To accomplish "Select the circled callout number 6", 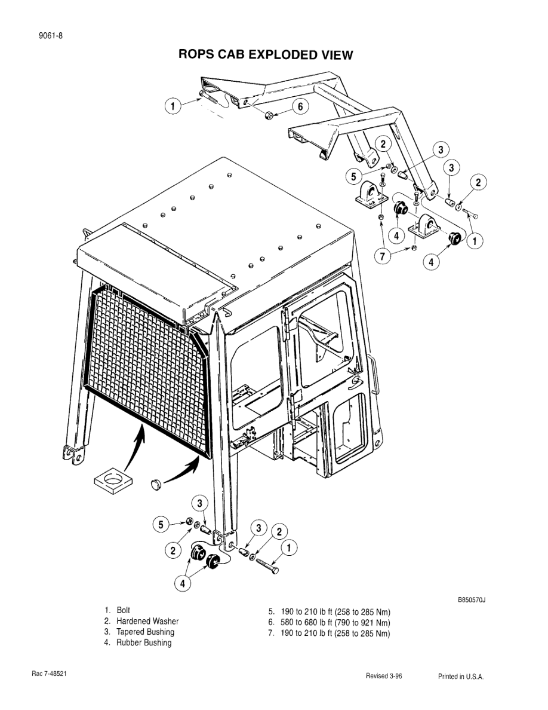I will (x=301, y=106).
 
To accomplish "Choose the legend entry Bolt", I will (x=123, y=611).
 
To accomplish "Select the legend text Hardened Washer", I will (x=147, y=622).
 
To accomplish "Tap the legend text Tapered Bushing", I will (x=145, y=632).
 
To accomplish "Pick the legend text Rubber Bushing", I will (x=143, y=643).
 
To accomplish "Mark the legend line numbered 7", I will (x=329, y=634).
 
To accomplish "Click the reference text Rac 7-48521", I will (x=48, y=674).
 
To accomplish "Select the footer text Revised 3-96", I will (x=383, y=677).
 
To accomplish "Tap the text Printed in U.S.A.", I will (x=460, y=677).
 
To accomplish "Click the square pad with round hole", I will (x=113, y=480).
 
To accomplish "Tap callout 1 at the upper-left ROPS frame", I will (x=173, y=106).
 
